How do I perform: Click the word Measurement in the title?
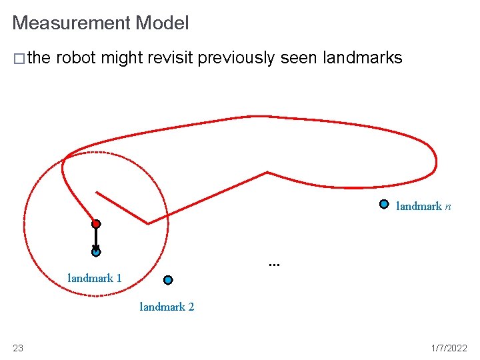tap(71, 23)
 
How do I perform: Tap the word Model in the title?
tap(162, 23)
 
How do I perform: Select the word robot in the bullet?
tap(76, 58)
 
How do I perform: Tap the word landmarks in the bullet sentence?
tap(362, 58)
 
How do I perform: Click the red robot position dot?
tap(96, 224)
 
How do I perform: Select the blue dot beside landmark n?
tap(384, 204)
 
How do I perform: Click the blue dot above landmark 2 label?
tap(168, 280)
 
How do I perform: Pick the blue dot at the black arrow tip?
tap(96, 252)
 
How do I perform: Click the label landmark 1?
tap(95, 278)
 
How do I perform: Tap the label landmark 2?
tap(167, 307)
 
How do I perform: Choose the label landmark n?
tap(423, 207)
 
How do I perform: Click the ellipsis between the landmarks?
tap(274, 265)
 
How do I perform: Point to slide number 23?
tap(18, 348)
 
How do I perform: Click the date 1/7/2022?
tap(449, 348)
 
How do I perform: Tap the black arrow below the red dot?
tap(96, 239)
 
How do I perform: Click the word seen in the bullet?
tap(299, 58)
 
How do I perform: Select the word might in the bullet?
tap(122, 59)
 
